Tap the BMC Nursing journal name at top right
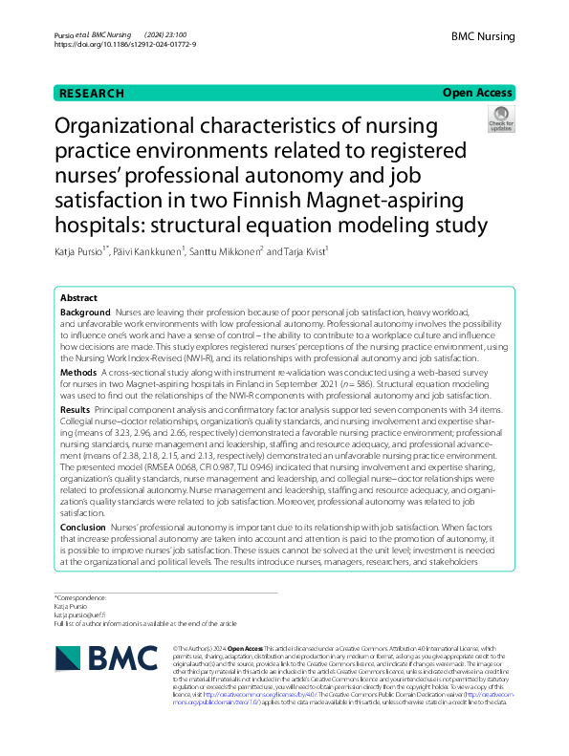(483, 36)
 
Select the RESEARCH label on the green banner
(91, 94)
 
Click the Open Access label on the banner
(476, 93)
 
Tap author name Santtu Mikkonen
(230, 251)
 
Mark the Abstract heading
(78, 298)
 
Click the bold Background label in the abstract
(85, 313)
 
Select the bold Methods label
(78, 372)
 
